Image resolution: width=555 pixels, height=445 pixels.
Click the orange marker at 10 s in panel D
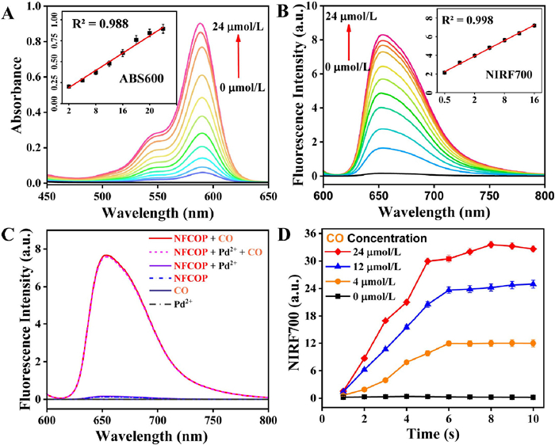[x=532, y=343]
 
